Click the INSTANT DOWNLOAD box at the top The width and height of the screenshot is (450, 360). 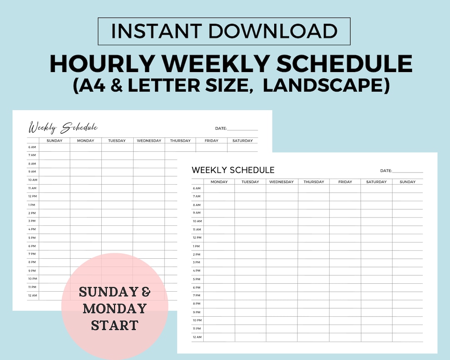(224, 31)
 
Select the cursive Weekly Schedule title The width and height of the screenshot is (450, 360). (63, 127)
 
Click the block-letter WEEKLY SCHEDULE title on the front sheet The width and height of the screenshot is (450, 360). (233, 170)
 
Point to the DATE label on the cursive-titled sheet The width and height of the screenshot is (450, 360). (221, 128)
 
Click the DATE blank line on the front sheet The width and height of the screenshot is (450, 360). (407, 171)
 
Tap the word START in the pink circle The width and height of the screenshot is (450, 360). (115, 325)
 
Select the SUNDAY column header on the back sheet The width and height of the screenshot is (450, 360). (55, 141)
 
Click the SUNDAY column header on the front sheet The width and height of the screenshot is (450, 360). (407, 182)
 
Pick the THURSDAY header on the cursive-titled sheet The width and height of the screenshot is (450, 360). (180, 141)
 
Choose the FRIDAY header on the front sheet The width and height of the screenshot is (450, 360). (345, 182)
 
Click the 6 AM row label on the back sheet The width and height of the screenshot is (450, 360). (32, 147)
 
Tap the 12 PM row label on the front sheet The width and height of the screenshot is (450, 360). (197, 237)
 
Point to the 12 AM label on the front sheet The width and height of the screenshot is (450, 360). (197, 337)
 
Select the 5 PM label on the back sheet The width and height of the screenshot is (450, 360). (32, 237)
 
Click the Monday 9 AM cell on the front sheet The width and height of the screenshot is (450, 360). (219, 213)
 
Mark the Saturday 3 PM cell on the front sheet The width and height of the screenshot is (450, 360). (376, 262)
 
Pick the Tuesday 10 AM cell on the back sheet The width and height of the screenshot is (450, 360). (117, 180)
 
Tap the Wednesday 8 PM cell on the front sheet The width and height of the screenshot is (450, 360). (282, 304)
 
